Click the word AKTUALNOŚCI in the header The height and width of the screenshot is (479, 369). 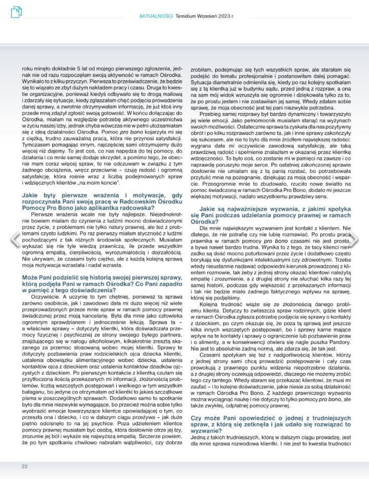[156, 16]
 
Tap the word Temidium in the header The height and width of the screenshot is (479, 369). [187, 16]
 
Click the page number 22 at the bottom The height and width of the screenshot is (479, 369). [24, 466]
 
